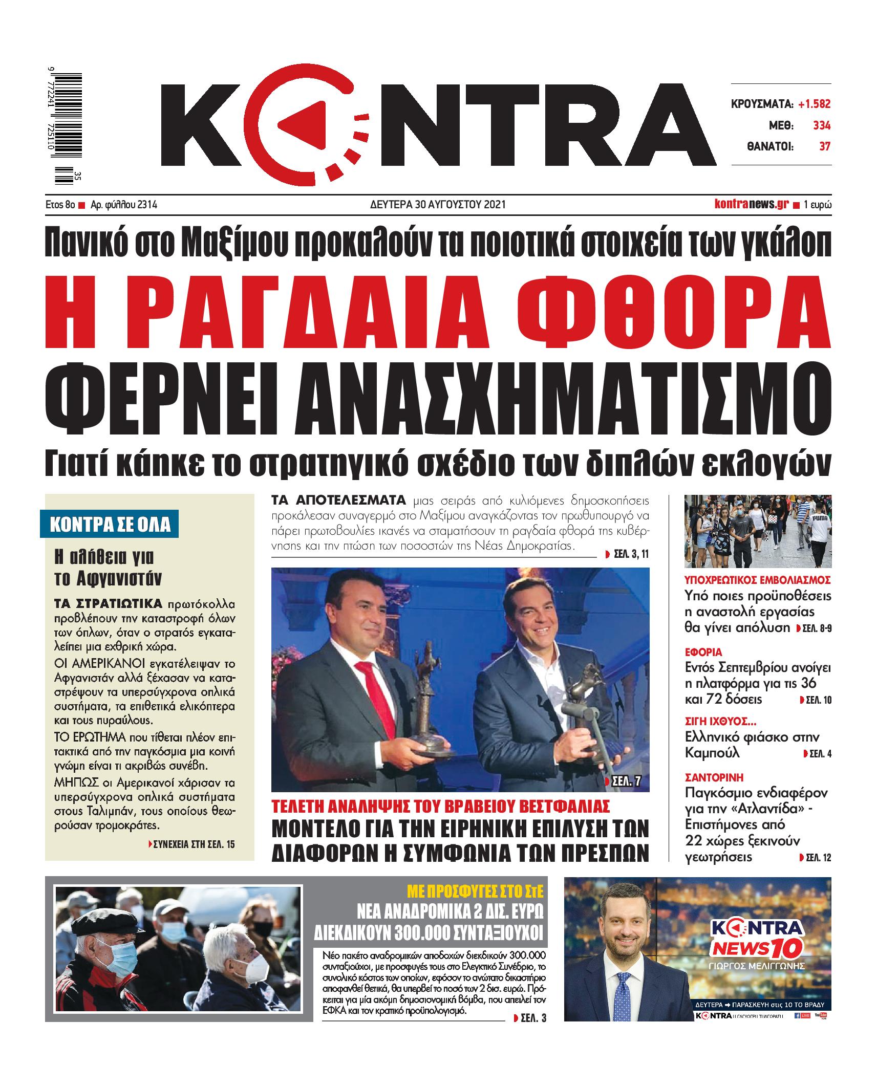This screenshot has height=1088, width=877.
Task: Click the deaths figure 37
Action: [824, 147]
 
